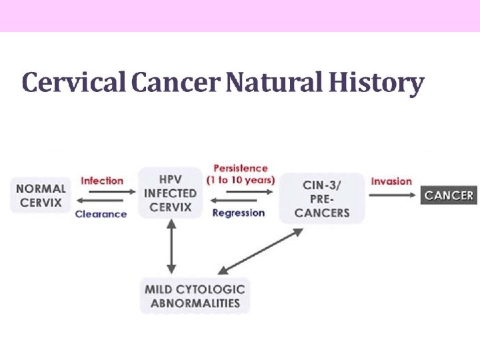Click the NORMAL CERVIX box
tap(41, 195)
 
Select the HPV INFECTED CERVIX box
tap(171, 193)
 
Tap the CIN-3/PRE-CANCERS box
tap(322, 198)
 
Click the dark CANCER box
tap(449, 195)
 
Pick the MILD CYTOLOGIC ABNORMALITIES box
tap(195, 296)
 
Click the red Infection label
tap(102, 181)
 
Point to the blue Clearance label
tap(101, 214)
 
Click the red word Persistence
tap(240, 169)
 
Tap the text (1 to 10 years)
tap(241, 181)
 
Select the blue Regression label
tap(238, 213)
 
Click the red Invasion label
tap(391, 181)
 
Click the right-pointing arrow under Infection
tap(105, 192)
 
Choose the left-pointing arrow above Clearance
tap(100, 202)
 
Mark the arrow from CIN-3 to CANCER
tap(392, 195)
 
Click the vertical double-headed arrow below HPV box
tap(171, 247)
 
